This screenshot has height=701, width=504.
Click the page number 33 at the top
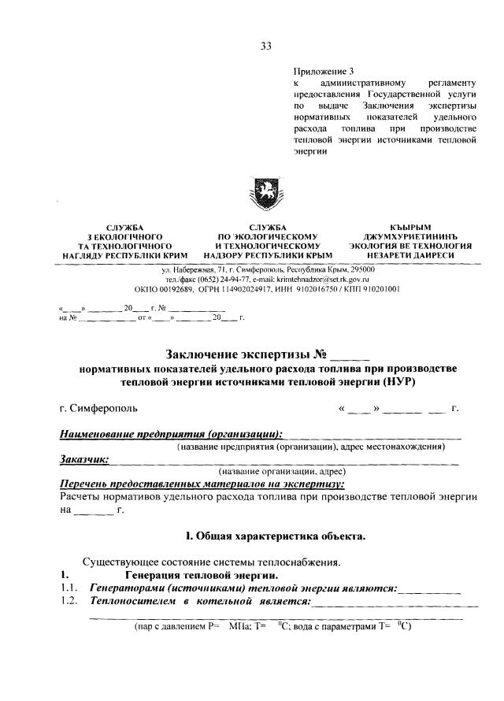tap(265, 46)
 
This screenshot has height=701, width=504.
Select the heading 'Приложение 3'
tap(321, 70)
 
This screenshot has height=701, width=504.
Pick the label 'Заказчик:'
tap(84, 458)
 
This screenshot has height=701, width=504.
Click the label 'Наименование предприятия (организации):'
tap(172, 433)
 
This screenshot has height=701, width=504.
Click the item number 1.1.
tap(69, 588)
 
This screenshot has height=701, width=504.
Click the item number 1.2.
tap(69, 602)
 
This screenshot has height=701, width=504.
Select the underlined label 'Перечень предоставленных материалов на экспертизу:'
tap(202, 484)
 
